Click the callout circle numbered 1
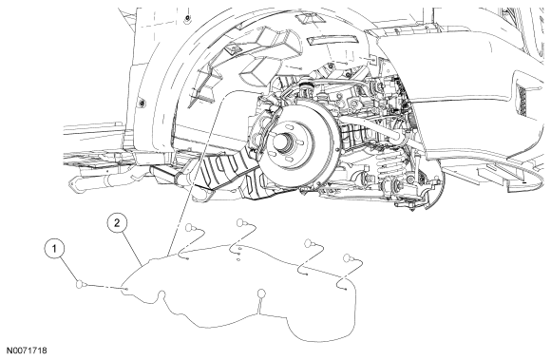point(54,249)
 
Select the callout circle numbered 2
point(118,222)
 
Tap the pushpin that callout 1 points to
point(81,283)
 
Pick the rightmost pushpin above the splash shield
point(348,257)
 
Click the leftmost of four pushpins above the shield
point(190,227)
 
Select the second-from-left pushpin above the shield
point(241,222)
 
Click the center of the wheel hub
point(284,142)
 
